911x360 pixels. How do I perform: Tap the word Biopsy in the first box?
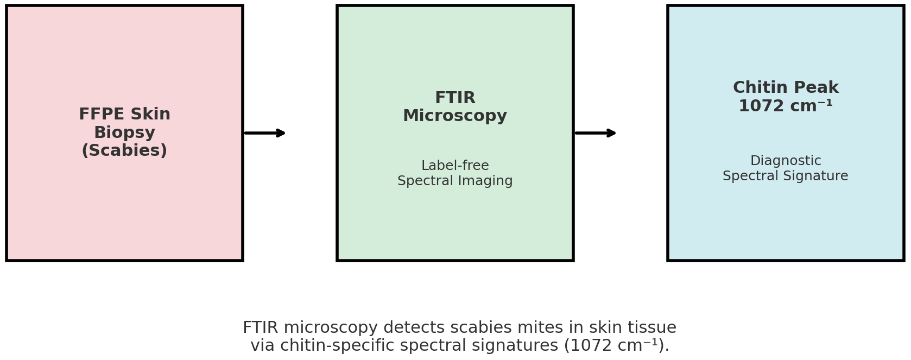124,132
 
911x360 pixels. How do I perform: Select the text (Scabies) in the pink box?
124,150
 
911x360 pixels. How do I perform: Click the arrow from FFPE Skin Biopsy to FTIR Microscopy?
264,133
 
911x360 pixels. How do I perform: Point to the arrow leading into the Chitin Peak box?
595,133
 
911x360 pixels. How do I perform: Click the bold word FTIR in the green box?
455,98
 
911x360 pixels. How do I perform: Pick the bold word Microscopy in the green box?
455,116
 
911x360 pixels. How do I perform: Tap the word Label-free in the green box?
455,166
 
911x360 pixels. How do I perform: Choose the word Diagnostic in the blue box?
785,161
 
